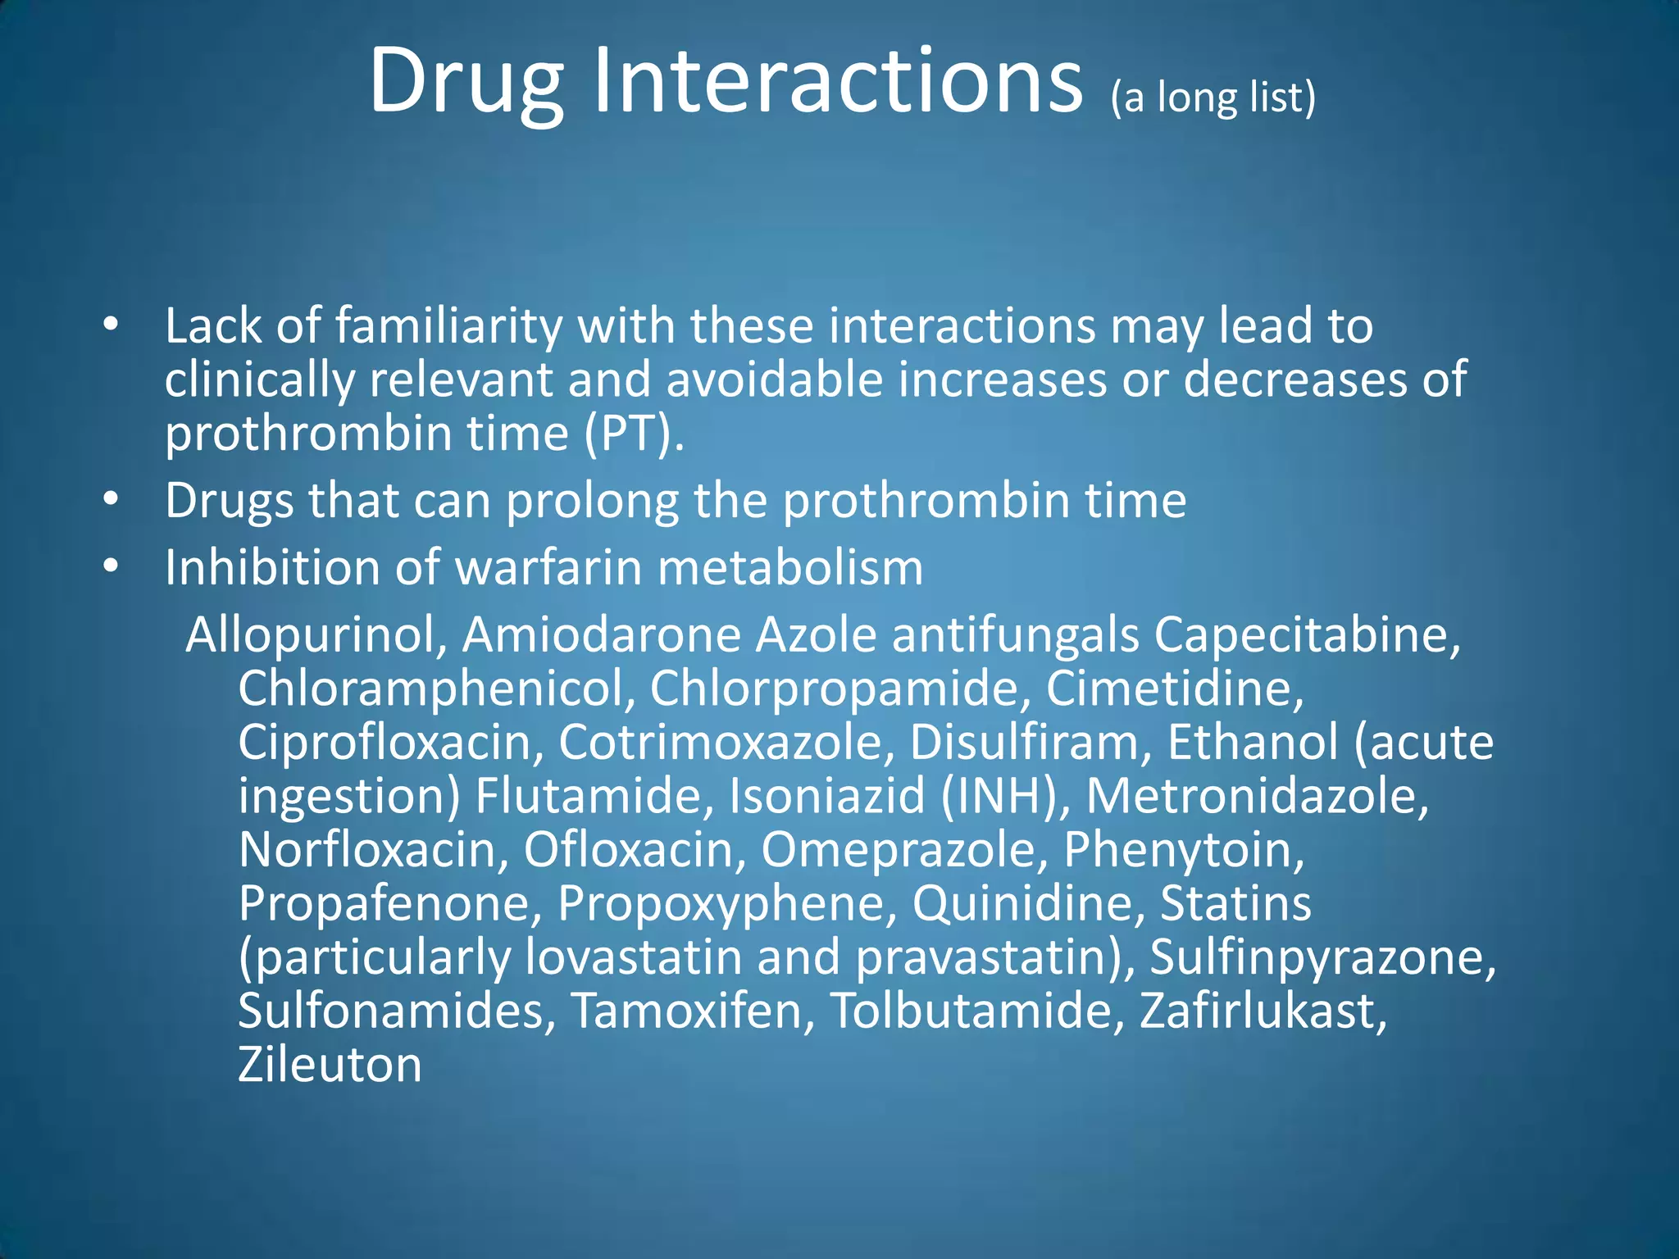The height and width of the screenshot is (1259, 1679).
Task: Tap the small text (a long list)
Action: (x=1213, y=98)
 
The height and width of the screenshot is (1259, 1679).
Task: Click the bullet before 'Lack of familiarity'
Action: (x=111, y=326)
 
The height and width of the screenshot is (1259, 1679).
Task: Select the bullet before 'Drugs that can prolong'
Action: (x=111, y=500)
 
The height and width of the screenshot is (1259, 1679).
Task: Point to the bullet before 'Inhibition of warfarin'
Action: (x=111, y=567)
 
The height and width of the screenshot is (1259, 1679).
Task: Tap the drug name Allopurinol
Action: (x=316, y=635)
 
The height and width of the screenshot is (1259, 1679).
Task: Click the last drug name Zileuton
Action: (x=330, y=1065)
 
